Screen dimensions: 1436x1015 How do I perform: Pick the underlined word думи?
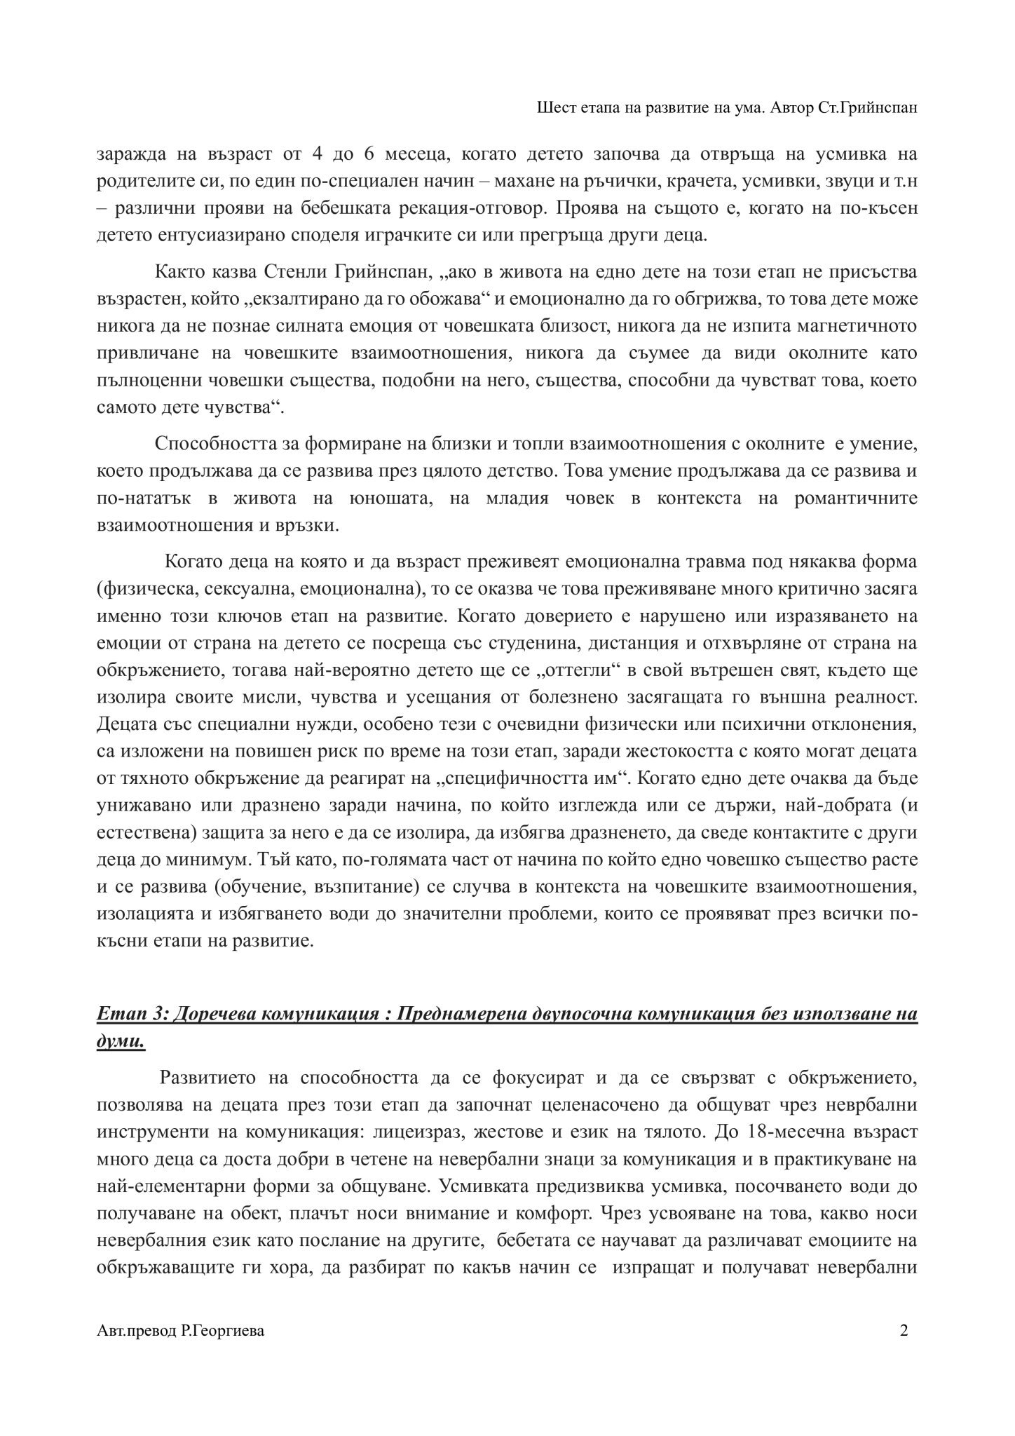(x=121, y=1042)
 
